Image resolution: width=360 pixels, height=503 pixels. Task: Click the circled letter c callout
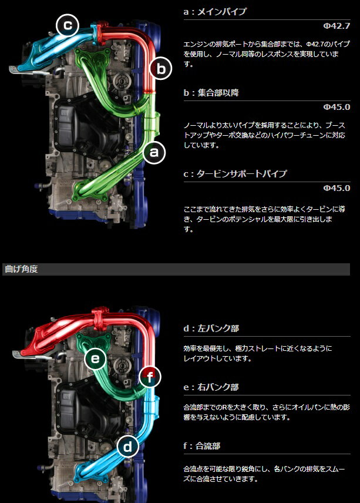click(x=68, y=25)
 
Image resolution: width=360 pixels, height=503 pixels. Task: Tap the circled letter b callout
click(x=161, y=68)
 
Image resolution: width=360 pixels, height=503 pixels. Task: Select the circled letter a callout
click(x=154, y=152)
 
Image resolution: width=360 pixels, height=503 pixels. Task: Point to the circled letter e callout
click(x=95, y=358)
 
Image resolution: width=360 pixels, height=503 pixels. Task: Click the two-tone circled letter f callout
click(x=150, y=377)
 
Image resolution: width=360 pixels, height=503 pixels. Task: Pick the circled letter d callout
click(x=127, y=446)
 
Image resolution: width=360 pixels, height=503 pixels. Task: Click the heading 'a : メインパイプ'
click(x=215, y=12)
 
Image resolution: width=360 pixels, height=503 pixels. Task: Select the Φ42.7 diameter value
click(x=337, y=26)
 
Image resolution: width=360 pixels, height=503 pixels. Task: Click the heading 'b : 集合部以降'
click(x=211, y=93)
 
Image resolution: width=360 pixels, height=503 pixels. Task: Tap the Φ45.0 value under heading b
click(x=337, y=107)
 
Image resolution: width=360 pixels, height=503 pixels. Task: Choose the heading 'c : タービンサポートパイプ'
click(x=235, y=174)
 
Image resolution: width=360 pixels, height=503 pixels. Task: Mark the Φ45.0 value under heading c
click(x=337, y=188)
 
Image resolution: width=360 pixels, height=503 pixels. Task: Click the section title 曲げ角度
click(x=21, y=269)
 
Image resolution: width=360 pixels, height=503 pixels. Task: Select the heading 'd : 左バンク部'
click(x=211, y=328)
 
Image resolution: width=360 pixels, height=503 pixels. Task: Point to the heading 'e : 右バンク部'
click(x=211, y=387)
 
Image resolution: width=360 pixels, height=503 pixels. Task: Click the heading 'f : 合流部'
click(x=202, y=446)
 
